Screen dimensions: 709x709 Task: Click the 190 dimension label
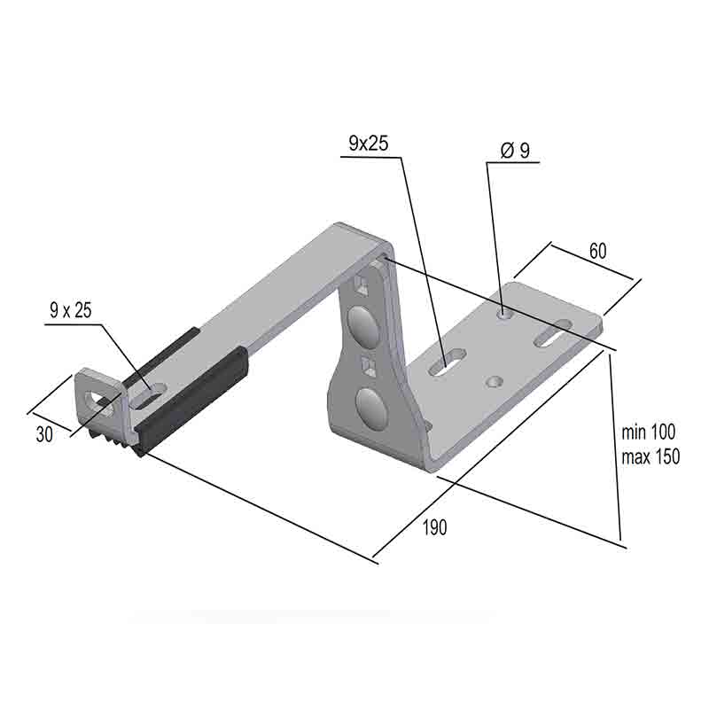pos(434,527)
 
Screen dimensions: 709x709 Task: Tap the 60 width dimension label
pos(597,251)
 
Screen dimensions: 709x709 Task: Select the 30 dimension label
pos(44,434)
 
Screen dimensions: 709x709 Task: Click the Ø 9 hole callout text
pos(515,151)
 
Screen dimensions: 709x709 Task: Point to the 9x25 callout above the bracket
pos(369,143)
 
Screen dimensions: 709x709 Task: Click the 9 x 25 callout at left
pos(71,310)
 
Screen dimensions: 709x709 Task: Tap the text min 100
pos(649,432)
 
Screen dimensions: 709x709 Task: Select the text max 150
pos(651,456)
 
